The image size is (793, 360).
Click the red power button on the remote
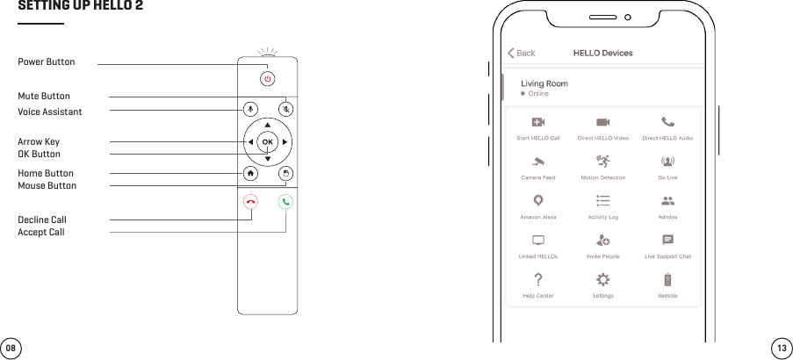(x=268, y=78)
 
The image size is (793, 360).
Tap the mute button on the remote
(x=286, y=110)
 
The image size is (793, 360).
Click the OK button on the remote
(x=268, y=141)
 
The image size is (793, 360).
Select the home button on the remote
(x=251, y=173)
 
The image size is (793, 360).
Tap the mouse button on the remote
(x=285, y=173)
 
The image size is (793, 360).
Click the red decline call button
(x=251, y=202)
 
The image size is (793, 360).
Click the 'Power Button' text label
(x=47, y=62)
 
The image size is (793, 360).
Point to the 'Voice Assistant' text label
(x=50, y=112)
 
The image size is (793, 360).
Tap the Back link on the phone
(x=522, y=54)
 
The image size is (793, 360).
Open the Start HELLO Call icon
(x=538, y=122)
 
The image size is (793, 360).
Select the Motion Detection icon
(x=603, y=161)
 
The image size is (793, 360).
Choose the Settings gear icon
(x=603, y=279)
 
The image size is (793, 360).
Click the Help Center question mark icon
(x=538, y=279)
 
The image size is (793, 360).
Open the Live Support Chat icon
(x=667, y=240)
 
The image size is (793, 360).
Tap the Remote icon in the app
(x=667, y=279)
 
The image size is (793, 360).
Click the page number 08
(x=11, y=348)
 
